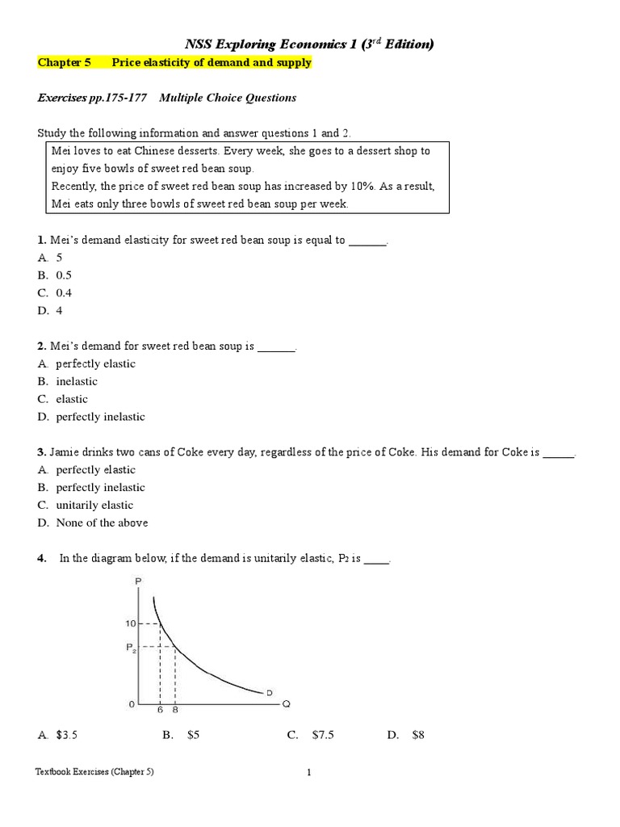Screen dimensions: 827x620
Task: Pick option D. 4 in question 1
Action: click(50, 311)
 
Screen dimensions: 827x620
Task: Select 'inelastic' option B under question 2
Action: click(68, 381)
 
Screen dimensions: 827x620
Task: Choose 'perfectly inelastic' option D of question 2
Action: click(91, 417)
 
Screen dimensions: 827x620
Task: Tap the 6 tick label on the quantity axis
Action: click(160, 710)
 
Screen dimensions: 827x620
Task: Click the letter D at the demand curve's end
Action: click(269, 692)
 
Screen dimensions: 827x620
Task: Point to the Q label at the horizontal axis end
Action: click(285, 704)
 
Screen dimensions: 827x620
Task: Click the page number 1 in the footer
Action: click(308, 772)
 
